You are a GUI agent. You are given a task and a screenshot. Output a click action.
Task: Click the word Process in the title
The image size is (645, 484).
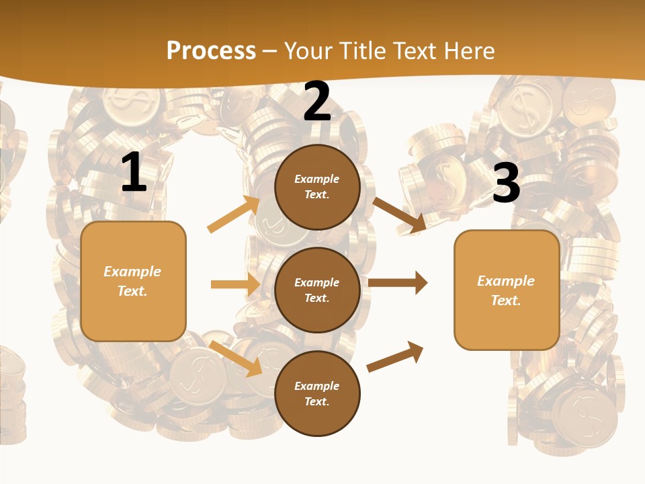211,50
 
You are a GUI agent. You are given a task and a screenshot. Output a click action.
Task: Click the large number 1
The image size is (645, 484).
134,173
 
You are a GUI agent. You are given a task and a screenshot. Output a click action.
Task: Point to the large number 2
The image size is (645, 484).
317,102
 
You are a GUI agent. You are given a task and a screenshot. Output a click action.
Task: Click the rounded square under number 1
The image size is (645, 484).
133,281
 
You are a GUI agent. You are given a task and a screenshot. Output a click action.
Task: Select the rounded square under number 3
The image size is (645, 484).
507,290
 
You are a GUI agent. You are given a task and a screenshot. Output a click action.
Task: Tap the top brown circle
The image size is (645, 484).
317,187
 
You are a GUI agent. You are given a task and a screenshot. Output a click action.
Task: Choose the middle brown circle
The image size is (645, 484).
317,290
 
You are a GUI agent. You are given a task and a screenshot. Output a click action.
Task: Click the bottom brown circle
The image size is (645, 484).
317,393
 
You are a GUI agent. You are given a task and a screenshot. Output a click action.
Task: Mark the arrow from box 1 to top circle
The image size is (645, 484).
234,214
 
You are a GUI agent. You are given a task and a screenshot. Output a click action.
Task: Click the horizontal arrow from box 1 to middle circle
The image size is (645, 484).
235,284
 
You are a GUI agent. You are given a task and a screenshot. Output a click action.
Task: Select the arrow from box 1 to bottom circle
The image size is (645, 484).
236,358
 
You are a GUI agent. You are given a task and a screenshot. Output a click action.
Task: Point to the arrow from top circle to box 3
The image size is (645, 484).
400,214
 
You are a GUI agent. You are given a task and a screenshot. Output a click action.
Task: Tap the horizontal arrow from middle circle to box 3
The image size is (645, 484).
398,282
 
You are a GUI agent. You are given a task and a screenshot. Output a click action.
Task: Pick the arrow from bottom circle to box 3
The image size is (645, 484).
396,356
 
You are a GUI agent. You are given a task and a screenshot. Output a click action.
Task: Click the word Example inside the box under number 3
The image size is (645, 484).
506,281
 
